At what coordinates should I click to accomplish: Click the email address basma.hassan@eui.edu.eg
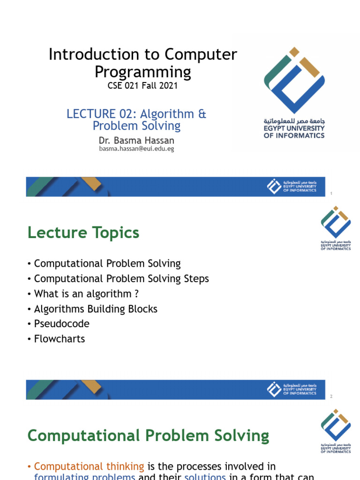pos(136,149)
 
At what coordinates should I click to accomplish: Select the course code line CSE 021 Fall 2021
pos(142,86)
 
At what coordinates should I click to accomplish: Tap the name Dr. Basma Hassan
pos(136,140)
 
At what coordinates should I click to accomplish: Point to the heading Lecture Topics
pos(83,232)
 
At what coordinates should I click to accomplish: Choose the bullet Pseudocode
pos(61,324)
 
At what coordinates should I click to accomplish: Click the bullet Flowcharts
pos(60,339)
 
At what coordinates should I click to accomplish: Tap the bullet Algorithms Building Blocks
pos(96,309)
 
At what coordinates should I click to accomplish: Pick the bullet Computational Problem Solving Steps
pos(121,278)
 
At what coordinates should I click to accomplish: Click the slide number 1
pos(331,194)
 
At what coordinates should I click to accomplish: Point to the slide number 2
pos(331,397)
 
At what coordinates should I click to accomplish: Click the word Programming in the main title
pos(143,72)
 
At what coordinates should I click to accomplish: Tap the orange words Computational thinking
pos(89,466)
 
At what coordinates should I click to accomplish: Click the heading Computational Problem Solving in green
pos(148,436)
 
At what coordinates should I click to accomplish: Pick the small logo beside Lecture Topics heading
pos(335,228)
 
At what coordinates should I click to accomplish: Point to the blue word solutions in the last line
pos(205,476)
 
